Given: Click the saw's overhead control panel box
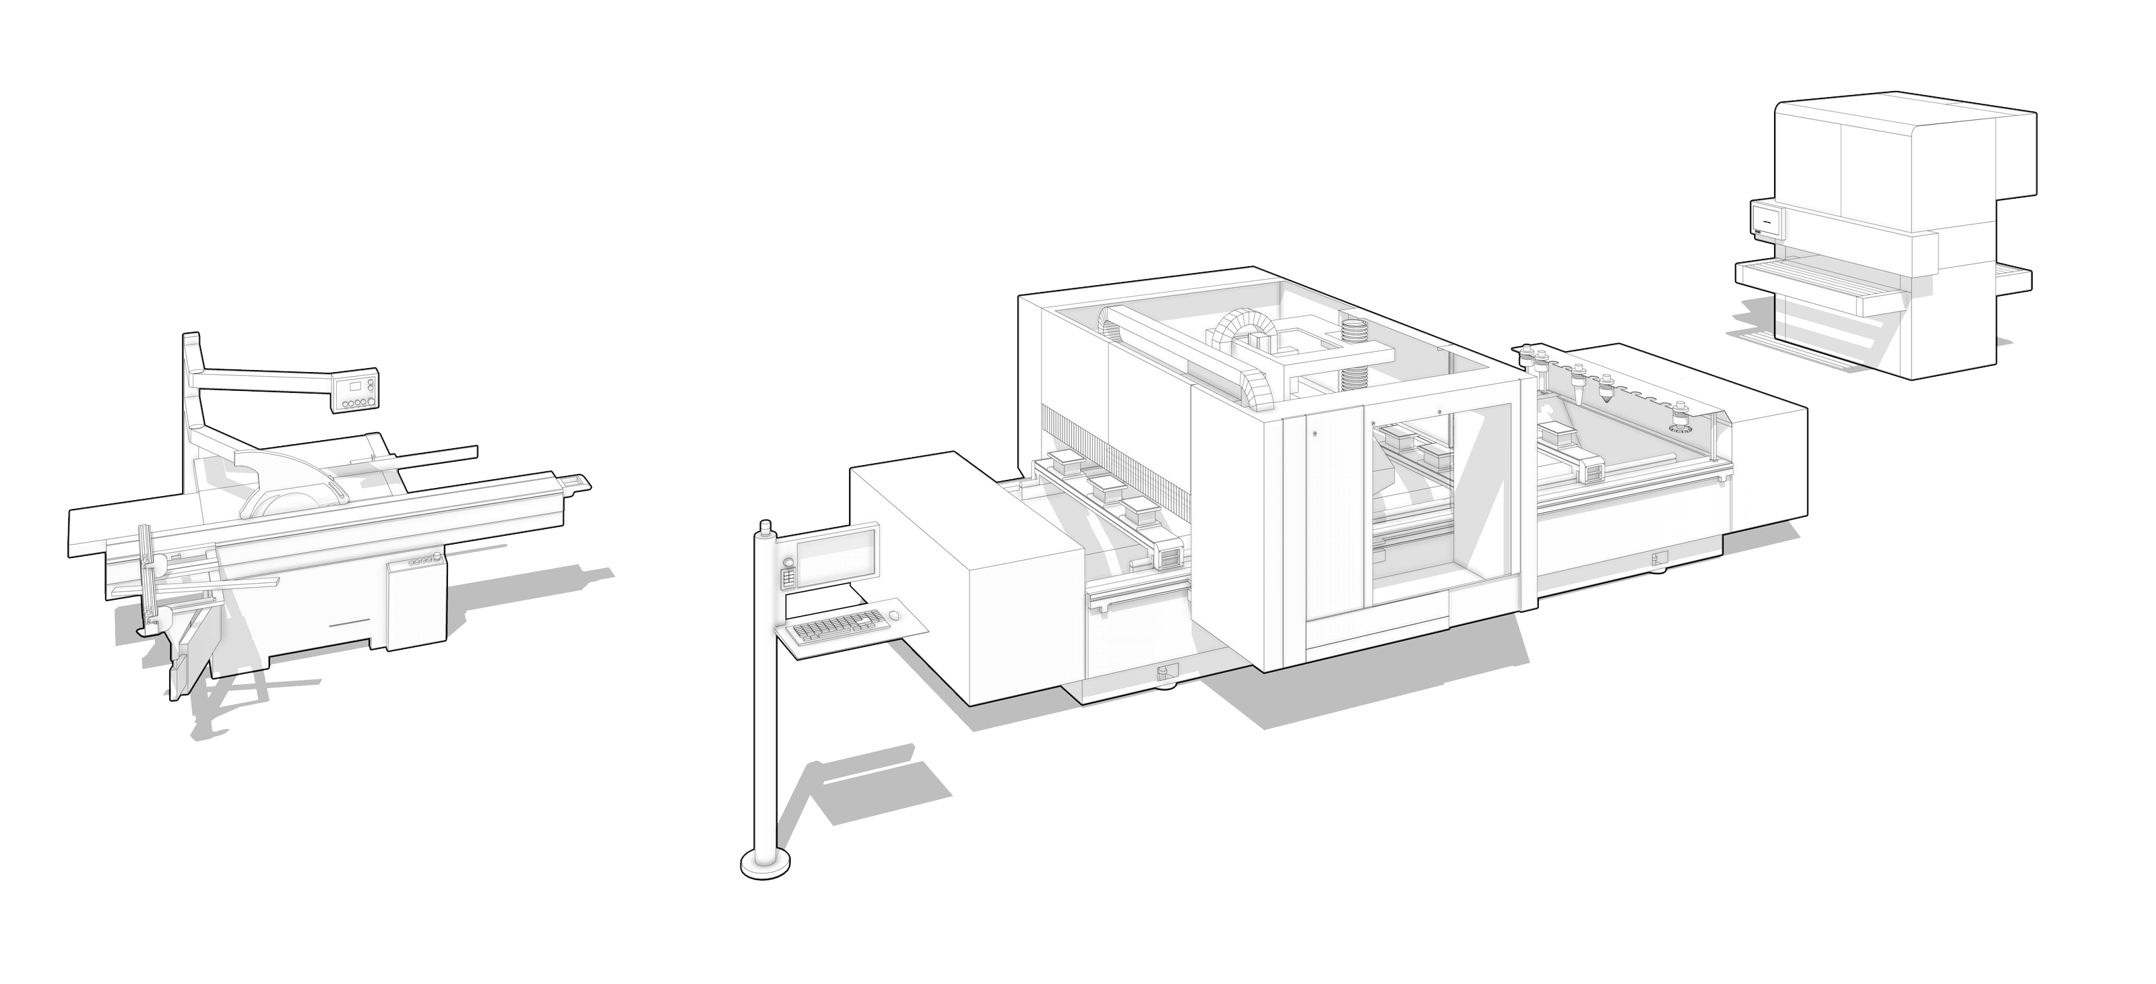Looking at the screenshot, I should pyautogui.click(x=356, y=393).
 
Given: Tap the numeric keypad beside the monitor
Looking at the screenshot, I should pyautogui.click(x=787, y=580).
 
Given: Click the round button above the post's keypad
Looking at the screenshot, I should pyautogui.click(x=788, y=561).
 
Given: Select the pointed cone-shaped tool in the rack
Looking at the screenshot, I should pyautogui.click(x=1606, y=394).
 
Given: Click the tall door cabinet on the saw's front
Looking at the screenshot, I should pyautogui.click(x=412, y=603).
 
